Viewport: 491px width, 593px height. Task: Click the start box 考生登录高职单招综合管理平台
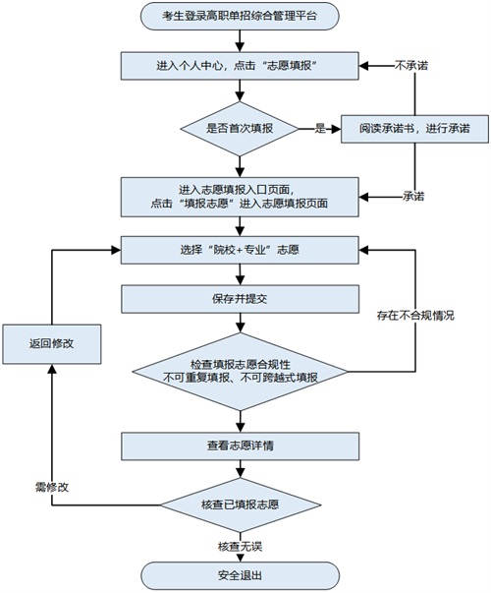tap(240, 16)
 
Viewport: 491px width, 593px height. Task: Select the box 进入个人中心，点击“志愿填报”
tap(240, 66)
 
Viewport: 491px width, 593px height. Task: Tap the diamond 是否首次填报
tap(240, 128)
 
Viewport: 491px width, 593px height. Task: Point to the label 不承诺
tap(410, 66)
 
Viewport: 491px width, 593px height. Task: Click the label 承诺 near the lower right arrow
tap(413, 197)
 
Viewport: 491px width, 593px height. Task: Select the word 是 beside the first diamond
tap(320, 128)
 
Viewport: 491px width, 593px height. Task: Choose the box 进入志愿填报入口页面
tap(240, 197)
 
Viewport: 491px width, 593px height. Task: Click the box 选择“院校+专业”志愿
tap(240, 250)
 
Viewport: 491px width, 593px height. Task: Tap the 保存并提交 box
tap(240, 298)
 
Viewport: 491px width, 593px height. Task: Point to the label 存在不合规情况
tap(415, 315)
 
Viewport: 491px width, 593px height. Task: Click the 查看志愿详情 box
tap(240, 445)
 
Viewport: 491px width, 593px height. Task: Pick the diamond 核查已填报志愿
tap(240, 505)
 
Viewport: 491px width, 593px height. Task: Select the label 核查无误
tap(240, 546)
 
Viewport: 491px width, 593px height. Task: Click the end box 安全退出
tap(240, 575)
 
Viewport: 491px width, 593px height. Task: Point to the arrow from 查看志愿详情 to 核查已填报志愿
tap(240, 470)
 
